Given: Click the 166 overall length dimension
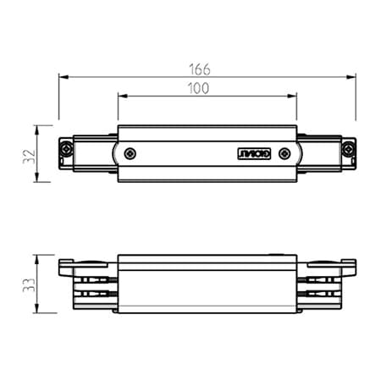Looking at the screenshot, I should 200,68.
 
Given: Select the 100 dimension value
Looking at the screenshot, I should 200,87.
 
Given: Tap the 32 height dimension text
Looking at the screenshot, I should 29,154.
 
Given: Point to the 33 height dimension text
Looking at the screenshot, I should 29,284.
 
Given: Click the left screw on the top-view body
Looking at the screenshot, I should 130,154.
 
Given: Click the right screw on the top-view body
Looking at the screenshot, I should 285,154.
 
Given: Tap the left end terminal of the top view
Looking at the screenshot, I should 65,154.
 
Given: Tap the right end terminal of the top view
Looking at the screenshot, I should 348,154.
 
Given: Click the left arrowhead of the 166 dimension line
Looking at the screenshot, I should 63,76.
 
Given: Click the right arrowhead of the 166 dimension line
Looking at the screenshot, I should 351,76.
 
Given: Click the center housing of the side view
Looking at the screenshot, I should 207,284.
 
